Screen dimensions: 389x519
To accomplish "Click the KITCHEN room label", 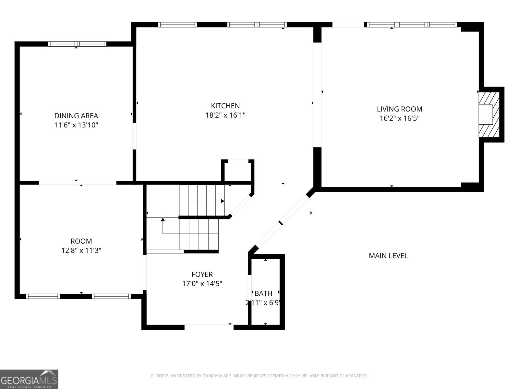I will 225,106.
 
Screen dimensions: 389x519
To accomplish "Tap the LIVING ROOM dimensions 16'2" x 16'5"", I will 399,118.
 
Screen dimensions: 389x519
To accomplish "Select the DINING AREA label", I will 76,116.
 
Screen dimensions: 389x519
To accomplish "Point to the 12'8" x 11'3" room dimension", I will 81,250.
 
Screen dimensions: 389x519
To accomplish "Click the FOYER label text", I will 202,275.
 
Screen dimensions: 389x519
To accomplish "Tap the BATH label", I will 263,294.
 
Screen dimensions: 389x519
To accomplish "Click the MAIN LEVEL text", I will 388,256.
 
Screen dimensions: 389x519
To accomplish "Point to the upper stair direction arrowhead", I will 223,201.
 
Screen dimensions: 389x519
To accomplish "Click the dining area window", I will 77,44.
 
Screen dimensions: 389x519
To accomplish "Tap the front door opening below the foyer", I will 209,327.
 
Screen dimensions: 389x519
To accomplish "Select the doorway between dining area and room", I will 77,183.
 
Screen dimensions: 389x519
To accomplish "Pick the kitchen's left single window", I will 177,25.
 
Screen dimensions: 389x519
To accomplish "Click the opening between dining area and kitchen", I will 134,136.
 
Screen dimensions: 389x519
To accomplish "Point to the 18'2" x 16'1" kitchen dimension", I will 225,115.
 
